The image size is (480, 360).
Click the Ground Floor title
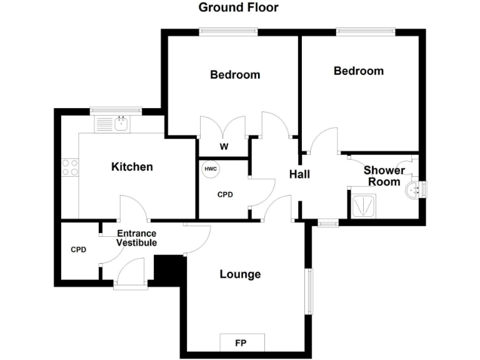click(238, 7)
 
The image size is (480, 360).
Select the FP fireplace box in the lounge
click(241, 342)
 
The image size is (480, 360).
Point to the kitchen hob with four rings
click(70, 167)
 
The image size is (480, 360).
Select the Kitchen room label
click(132, 167)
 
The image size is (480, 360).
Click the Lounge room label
click(240, 274)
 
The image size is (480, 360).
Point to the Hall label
click(299, 174)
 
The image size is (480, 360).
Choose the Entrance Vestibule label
click(137, 238)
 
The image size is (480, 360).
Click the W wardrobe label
click(223, 147)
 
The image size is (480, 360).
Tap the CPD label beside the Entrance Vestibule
click(78, 250)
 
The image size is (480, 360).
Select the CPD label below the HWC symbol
click(225, 195)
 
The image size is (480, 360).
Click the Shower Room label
click(384, 176)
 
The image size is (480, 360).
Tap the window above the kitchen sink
click(116, 111)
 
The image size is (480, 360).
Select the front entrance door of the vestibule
click(131, 275)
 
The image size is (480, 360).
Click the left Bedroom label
click(235, 75)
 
